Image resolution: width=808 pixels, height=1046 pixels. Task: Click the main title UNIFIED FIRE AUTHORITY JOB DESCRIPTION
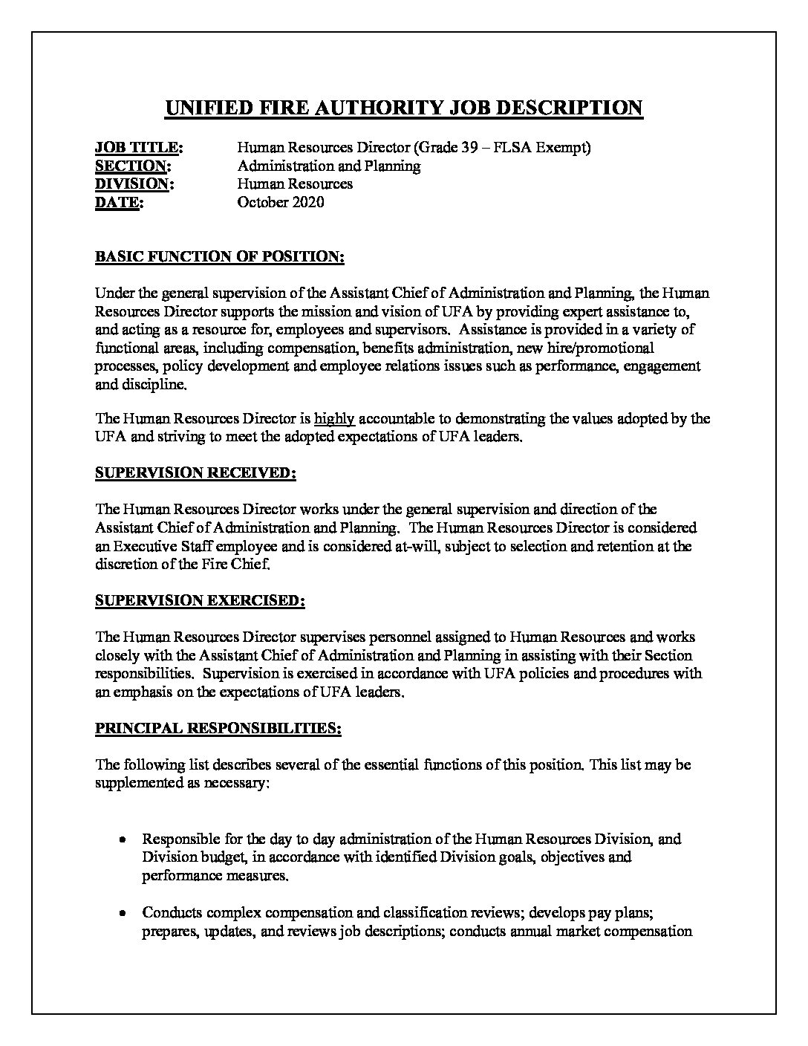tap(403, 108)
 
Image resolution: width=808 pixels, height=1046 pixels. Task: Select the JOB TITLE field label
tap(139, 148)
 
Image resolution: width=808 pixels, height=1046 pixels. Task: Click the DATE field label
tap(118, 202)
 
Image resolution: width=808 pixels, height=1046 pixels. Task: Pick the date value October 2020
tap(281, 202)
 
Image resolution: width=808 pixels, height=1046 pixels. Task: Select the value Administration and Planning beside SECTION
tap(329, 166)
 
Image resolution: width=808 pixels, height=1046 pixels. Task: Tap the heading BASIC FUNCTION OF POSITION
tap(220, 257)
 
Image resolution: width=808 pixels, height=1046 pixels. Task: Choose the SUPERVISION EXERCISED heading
tap(200, 600)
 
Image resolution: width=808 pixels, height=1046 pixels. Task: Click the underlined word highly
tap(334, 419)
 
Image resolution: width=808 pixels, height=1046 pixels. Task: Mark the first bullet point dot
tap(122, 839)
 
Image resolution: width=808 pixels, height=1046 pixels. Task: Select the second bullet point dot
tap(122, 913)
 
